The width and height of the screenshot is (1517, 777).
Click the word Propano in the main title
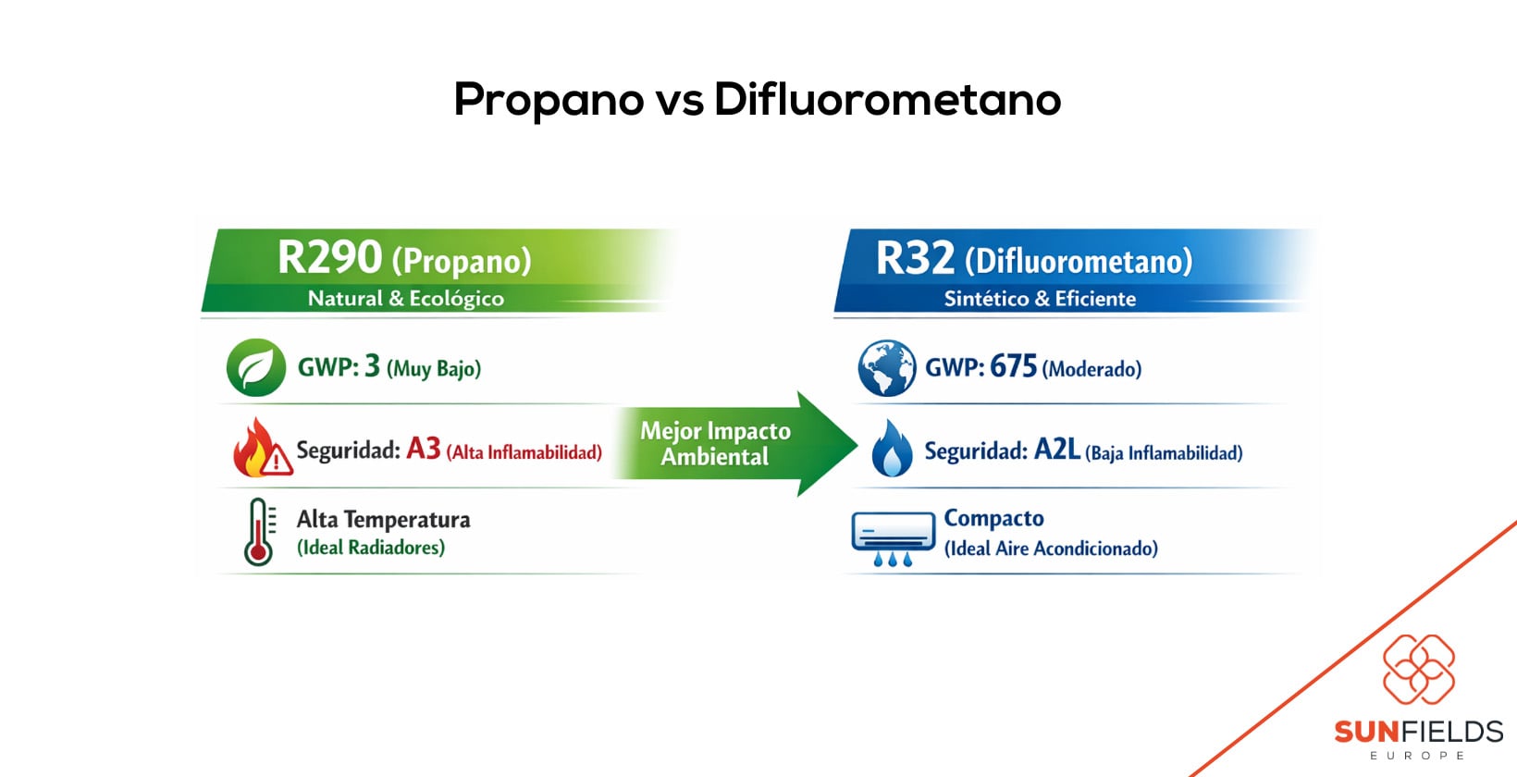(548, 100)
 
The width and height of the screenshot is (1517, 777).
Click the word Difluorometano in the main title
(887, 100)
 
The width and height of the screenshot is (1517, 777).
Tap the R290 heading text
(329, 257)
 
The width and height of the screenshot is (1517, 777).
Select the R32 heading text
(915, 258)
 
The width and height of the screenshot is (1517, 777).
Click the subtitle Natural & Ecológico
(405, 299)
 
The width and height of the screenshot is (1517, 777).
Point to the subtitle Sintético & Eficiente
(1039, 299)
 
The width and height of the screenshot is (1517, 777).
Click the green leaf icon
(255, 367)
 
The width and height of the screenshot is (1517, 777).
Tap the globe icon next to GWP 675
(886, 367)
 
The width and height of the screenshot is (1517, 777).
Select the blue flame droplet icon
(892, 449)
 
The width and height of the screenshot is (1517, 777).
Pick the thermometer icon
(259, 532)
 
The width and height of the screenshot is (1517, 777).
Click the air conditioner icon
(893, 537)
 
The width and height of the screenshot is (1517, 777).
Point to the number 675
(1013, 366)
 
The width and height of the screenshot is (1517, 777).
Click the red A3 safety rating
(424, 449)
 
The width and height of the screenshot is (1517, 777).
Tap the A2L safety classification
(1056, 450)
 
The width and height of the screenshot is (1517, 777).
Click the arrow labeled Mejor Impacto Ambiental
(731, 444)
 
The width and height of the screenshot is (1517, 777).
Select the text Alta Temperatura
(383, 520)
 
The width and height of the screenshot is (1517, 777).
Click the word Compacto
(993, 518)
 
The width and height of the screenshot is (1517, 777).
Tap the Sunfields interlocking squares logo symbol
(1418, 669)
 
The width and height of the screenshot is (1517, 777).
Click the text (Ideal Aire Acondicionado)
(1051, 549)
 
